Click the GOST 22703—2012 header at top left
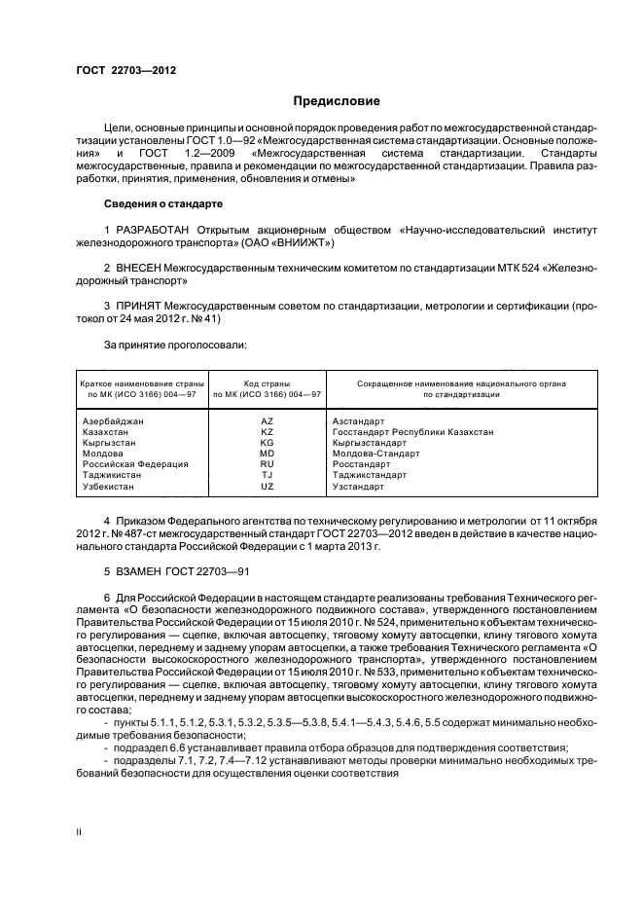click(x=121, y=69)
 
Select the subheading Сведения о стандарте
click(x=163, y=204)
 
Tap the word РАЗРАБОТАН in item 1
click(x=156, y=230)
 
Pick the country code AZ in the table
click(x=268, y=421)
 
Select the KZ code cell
click(x=268, y=432)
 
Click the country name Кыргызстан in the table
click(x=109, y=443)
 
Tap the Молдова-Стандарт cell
click(x=375, y=454)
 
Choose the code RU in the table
click(x=268, y=464)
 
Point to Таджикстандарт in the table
click(x=370, y=475)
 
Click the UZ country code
click(x=268, y=486)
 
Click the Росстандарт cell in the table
click(x=361, y=464)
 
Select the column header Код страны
click(x=268, y=384)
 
